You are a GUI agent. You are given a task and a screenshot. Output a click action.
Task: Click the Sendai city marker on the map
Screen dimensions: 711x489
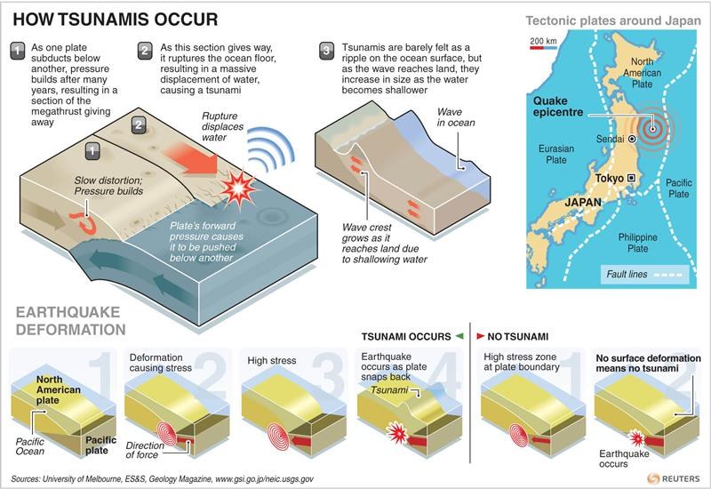coord(632,140)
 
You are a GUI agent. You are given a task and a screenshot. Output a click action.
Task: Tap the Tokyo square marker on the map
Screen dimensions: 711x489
coord(631,179)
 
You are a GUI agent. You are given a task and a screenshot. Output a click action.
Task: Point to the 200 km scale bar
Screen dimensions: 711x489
coord(543,47)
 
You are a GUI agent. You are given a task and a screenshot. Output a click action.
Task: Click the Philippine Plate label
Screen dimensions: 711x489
coord(637,243)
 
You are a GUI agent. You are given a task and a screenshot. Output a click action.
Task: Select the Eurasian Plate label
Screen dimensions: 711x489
coord(556,154)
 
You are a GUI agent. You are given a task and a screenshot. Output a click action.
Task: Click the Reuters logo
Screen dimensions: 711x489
coord(674,478)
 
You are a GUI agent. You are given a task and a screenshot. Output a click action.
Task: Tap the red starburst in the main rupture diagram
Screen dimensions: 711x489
coord(238,188)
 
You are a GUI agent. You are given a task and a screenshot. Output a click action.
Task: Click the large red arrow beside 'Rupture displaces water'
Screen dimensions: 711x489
coord(190,158)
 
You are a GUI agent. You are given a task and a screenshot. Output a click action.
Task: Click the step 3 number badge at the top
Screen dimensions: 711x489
coord(327,51)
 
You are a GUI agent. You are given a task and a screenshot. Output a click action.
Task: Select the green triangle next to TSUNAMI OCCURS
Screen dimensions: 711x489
coord(459,336)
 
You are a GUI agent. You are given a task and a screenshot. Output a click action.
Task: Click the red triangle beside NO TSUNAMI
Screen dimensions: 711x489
coord(480,336)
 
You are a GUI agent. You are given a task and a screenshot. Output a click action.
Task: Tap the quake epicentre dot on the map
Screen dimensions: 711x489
coord(652,129)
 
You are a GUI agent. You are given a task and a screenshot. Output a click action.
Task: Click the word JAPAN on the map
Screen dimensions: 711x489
coord(583,203)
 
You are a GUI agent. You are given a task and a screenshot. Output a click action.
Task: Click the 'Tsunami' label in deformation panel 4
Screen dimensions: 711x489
coord(389,390)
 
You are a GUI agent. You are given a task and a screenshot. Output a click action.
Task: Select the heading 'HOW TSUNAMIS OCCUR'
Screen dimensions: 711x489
coord(116,20)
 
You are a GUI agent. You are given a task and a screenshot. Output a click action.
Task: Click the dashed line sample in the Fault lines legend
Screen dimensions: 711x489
coord(668,275)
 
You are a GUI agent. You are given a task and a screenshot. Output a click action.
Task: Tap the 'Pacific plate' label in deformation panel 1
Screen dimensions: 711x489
coord(100,445)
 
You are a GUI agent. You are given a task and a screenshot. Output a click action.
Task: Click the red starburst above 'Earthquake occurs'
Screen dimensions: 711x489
coord(636,438)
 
